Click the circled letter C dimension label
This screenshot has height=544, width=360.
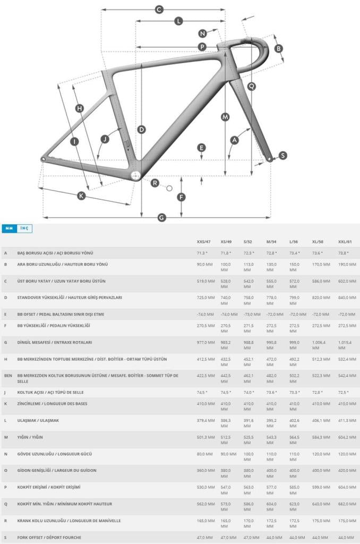(159, 9)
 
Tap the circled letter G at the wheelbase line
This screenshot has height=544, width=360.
(162, 217)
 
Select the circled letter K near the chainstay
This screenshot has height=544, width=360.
(81, 195)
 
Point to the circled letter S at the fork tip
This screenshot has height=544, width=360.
(282, 156)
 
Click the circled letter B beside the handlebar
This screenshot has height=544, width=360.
(278, 49)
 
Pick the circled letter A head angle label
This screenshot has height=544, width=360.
(234, 140)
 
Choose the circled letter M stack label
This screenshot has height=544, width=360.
(225, 116)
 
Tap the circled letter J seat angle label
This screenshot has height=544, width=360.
(105, 139)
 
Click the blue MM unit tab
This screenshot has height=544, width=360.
(8, 228)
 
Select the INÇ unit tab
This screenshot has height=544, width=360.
(24, 228)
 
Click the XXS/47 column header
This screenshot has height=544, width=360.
(204, 242)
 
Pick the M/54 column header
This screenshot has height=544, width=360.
(272, 242)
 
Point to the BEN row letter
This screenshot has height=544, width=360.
(8, 376)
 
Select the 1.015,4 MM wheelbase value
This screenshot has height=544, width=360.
(347, 346)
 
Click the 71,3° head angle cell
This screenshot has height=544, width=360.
(202, 253)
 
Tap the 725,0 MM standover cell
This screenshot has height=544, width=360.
(205, 297)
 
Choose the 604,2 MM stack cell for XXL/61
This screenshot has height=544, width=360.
(347, 437)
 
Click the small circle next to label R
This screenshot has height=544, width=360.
(169, 188)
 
